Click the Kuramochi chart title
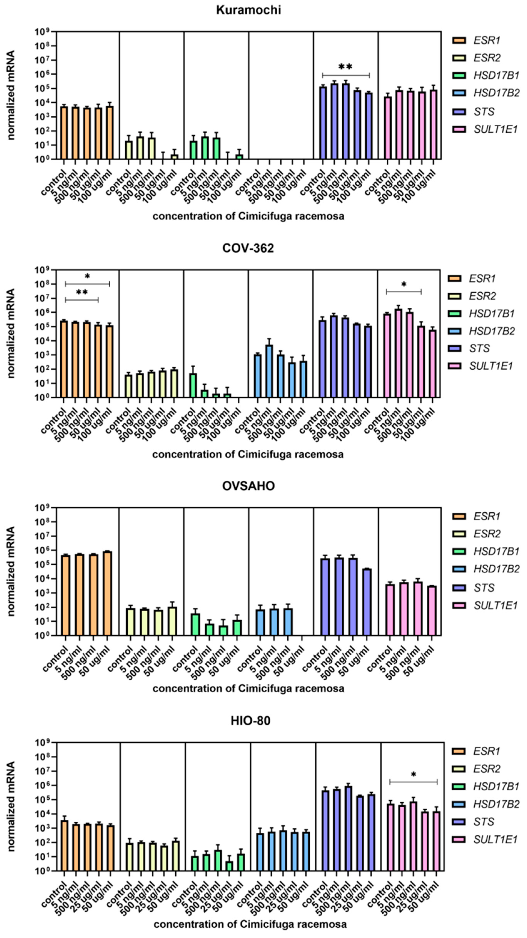pos(248,10)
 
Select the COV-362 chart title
pos(248,248)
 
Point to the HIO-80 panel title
pos(250,721)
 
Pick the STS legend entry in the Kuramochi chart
pos(484,112)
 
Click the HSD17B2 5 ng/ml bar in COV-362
pos(269,371)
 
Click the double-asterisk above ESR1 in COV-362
pos(82,292)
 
